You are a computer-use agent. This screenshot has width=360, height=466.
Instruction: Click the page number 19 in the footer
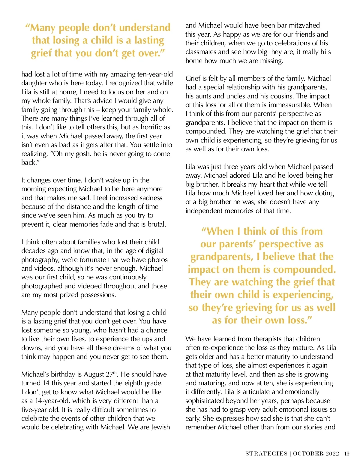(347, 454)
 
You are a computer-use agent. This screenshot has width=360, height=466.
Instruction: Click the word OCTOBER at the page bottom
(308, 454)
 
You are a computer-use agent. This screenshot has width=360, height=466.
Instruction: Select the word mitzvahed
(304, 25)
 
